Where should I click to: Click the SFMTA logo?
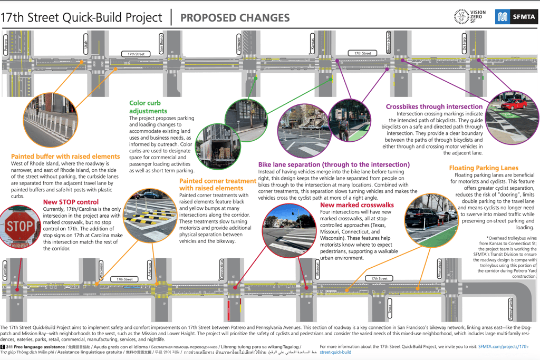(515, 17)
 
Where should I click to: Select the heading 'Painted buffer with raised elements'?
(65, 157)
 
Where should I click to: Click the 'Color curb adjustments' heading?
(148, 107)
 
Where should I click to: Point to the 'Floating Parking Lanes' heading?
(484, 168)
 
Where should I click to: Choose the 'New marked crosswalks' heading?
(357, 205)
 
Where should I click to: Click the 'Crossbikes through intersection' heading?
(434, 106)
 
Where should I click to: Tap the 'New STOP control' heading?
(71, 202)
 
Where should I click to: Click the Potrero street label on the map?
(6, 45)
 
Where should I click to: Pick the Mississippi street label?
(439, 269)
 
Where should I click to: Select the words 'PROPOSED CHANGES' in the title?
(235, 17)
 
